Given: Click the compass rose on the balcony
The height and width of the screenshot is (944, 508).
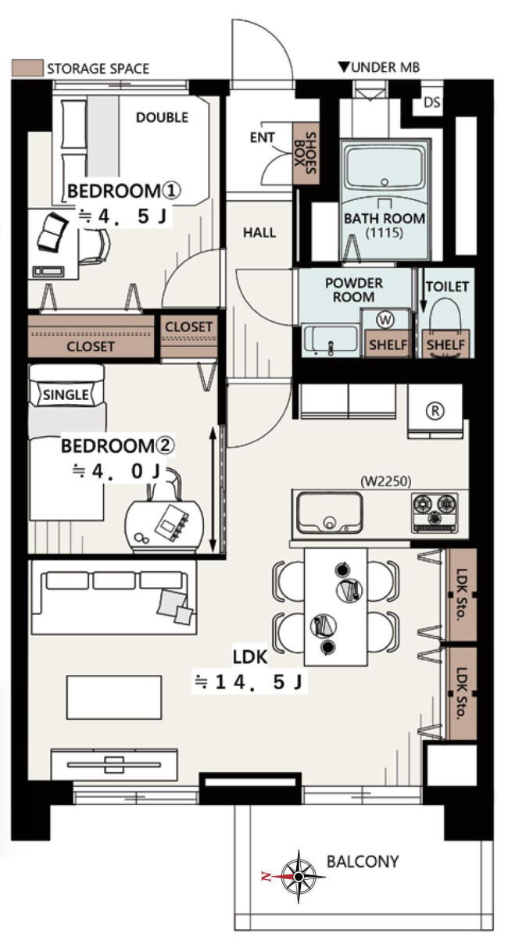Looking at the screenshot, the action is (x=299, y=876).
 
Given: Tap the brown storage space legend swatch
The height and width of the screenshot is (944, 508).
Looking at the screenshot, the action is (x=27, y=68).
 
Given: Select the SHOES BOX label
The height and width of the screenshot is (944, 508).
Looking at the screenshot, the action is (x=305, y=153).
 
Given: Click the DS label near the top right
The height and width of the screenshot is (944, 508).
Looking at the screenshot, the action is (x=431, y=102).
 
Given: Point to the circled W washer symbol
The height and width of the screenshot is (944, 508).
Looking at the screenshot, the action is (x=385, y=320).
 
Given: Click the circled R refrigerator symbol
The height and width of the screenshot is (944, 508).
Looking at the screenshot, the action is (x=435, y=410).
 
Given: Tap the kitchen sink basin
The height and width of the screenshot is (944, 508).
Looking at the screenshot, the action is (x=329, y=513).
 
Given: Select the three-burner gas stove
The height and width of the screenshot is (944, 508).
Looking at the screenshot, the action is (x=435, y=512).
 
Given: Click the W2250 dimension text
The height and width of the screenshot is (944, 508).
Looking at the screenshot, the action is (x=386, y=481).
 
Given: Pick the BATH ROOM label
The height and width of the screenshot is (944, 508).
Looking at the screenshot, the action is (x=385, y=219).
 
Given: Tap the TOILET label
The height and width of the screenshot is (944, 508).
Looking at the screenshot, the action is (x=447, y=287).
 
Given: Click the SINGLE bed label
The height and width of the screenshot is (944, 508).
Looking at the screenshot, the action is (x=66, y=395).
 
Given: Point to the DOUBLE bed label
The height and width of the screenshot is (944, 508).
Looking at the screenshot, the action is (x=162, y=117).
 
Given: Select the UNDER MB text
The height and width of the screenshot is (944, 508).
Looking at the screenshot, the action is (x=385, y=67).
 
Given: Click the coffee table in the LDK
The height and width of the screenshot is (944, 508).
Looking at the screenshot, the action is (x=114, y=698).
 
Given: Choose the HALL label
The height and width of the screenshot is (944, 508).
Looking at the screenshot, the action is (x=259, y=232).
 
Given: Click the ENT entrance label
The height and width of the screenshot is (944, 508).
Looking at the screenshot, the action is (x=263, y=138).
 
